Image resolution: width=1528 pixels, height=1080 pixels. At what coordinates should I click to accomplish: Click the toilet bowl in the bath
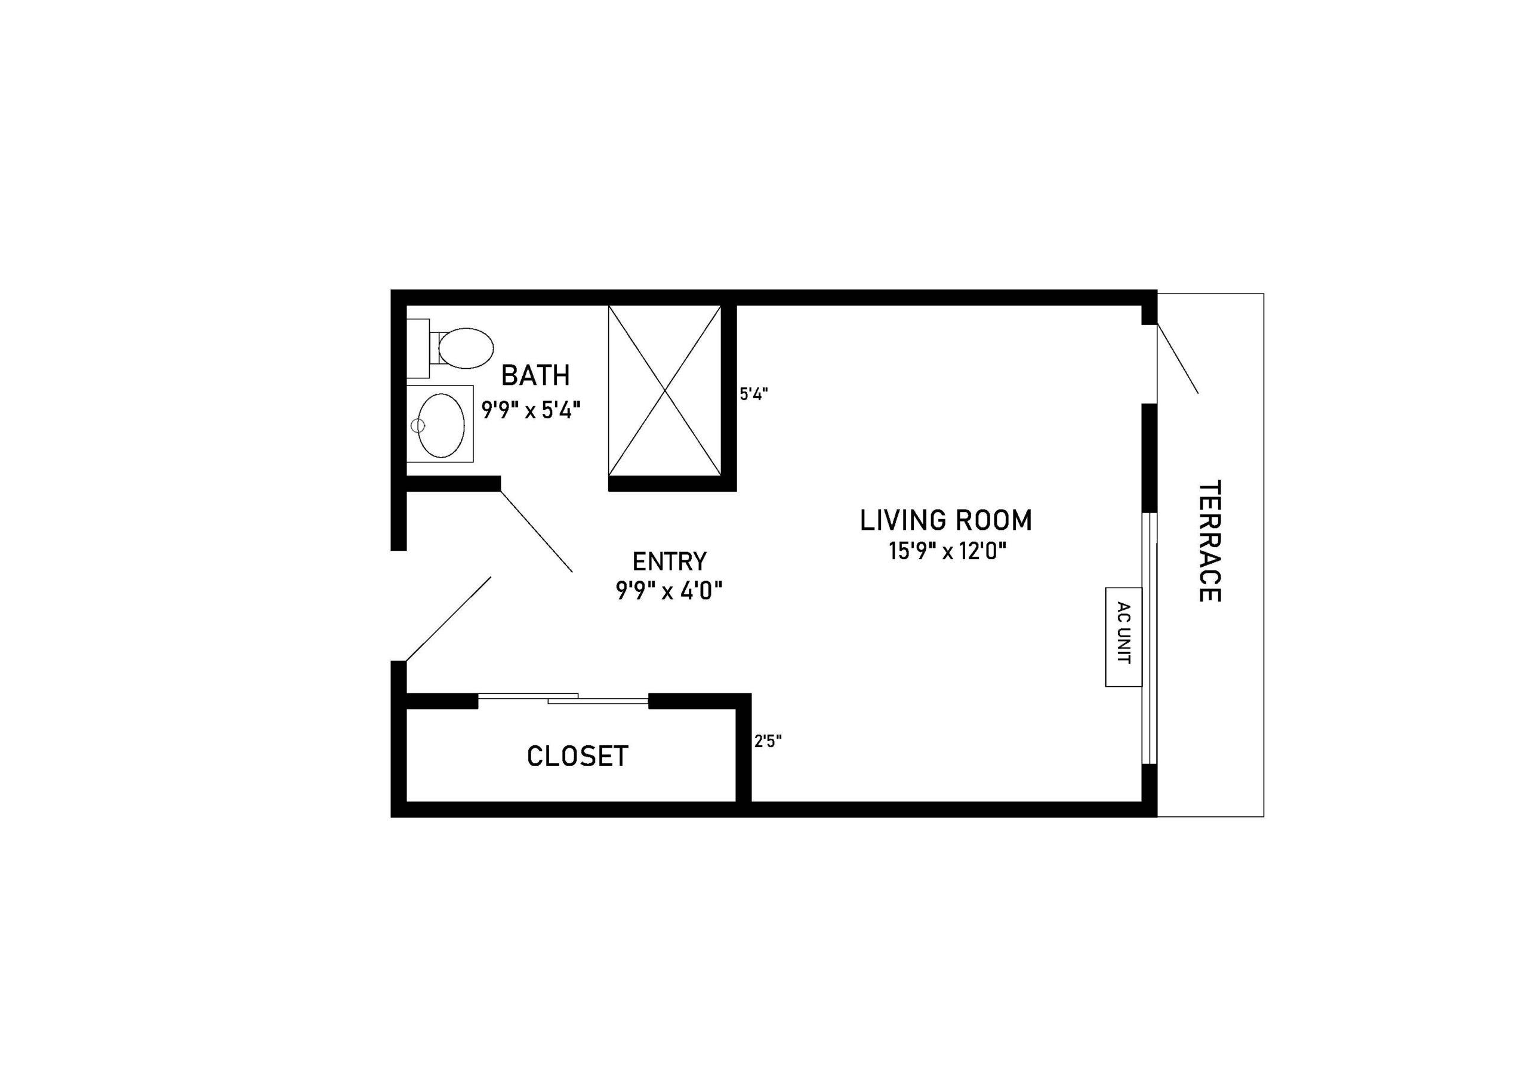point(466,348)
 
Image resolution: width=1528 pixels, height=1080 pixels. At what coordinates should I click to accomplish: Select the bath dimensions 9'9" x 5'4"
point(531,409)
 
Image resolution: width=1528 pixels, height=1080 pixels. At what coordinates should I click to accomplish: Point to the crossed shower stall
point(665,390)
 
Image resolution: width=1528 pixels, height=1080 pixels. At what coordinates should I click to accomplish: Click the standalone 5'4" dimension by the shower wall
point(754,394)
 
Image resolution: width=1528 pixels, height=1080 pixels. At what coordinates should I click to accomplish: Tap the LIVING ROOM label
point(945,520)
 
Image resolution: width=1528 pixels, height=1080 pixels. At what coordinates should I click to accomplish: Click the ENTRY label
point(669,561)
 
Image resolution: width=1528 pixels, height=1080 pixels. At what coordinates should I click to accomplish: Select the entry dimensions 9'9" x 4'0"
point(669,590)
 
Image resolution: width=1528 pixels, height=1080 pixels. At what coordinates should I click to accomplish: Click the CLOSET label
point(578,756)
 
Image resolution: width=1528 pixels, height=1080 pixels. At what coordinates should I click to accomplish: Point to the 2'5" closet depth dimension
point(768,741)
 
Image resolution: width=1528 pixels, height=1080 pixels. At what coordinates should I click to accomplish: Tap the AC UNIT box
point(1123,637)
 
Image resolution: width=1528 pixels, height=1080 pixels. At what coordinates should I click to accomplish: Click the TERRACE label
point(1209,541)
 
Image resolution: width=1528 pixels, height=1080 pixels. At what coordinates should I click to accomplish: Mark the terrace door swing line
point(1177,358)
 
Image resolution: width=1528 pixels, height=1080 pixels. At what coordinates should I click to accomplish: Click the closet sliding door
point(563,698)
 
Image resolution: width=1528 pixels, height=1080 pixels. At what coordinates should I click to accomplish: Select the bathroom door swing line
point(536,531)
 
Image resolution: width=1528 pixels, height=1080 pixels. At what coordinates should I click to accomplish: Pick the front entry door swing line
point(448,619)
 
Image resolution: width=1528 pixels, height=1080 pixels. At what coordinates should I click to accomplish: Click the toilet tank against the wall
point(418,348)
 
